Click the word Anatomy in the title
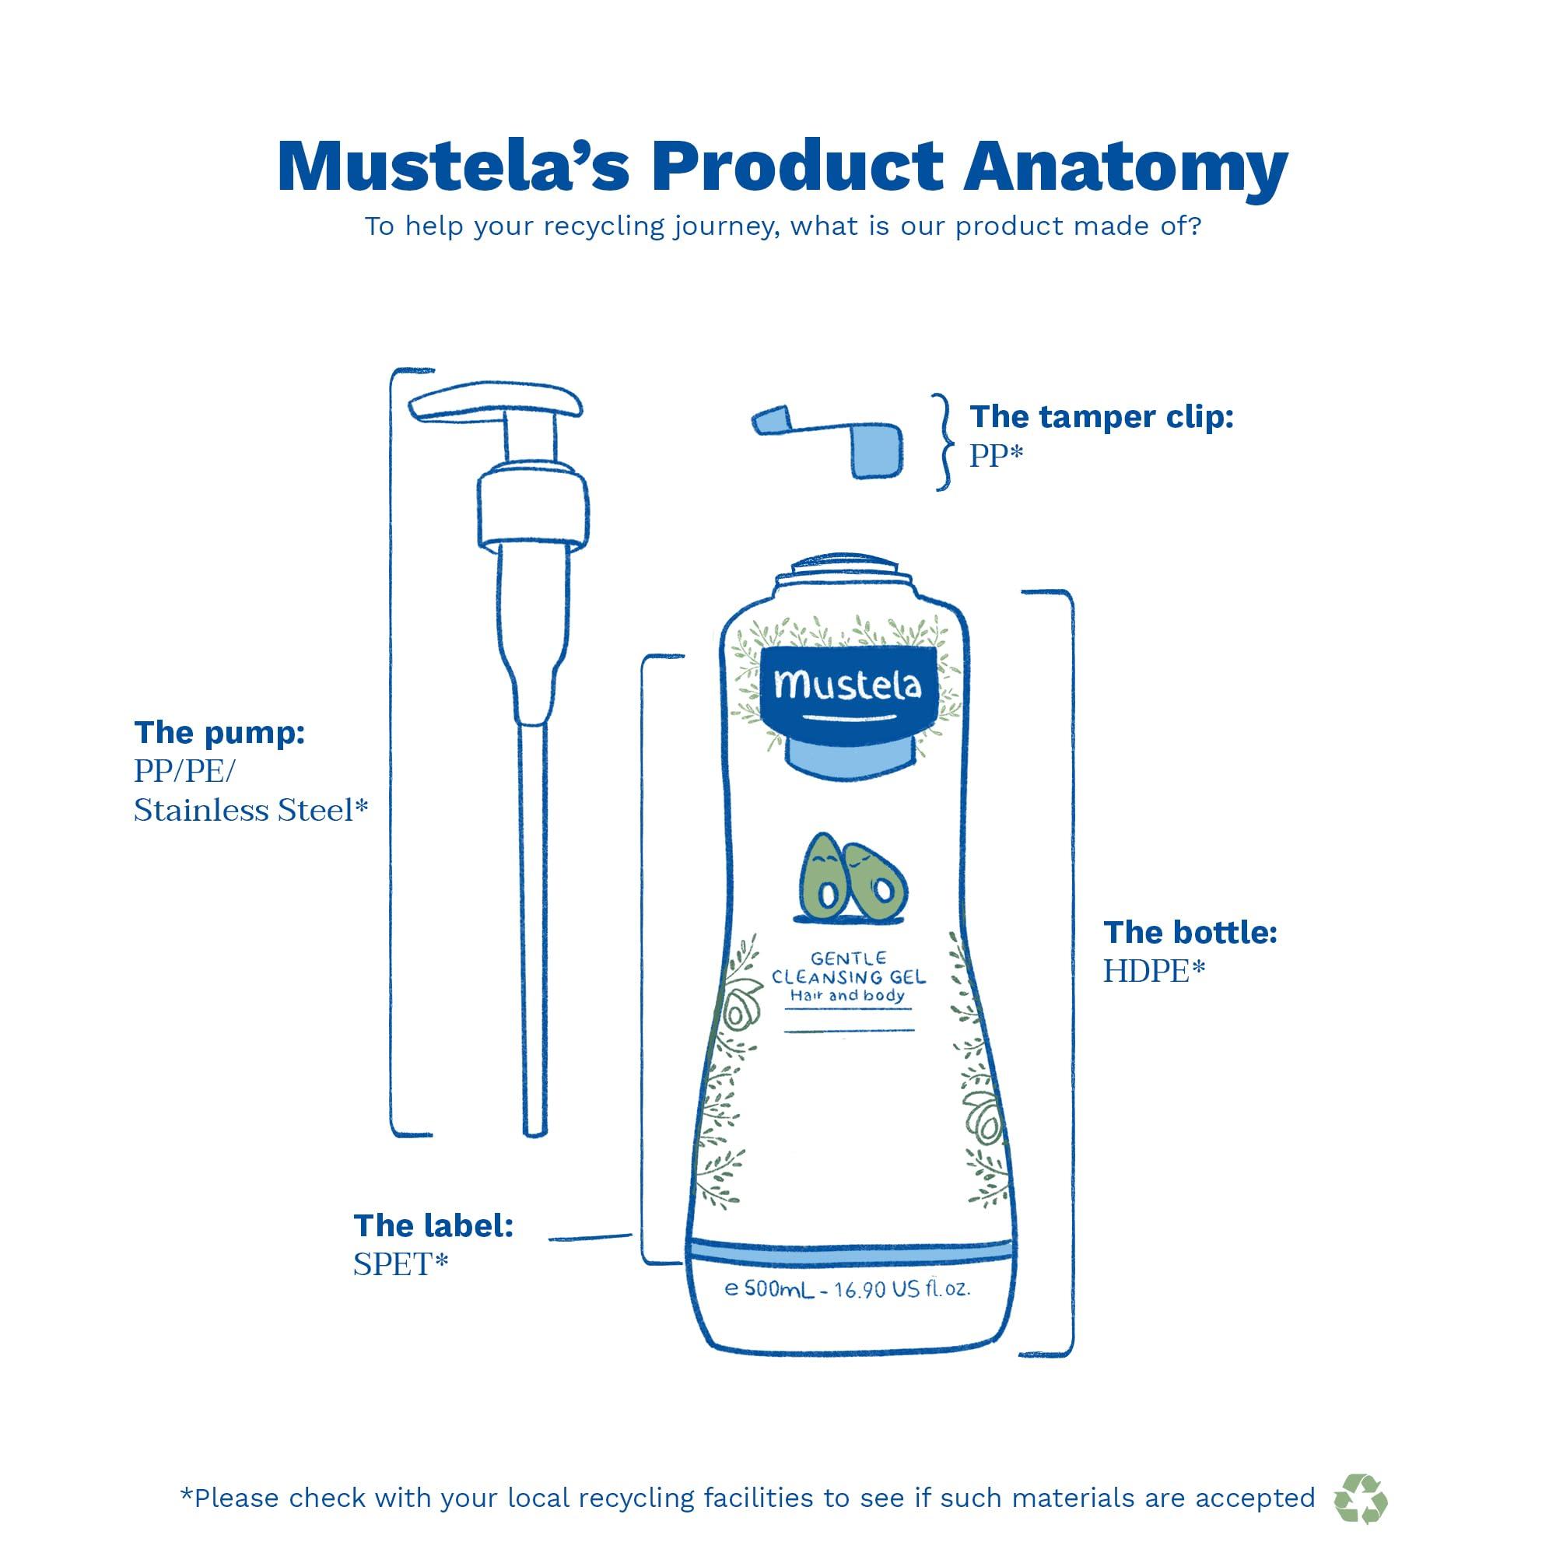tap(1125, 167)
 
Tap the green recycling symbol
tap(1360, 1499)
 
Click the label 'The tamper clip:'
tap(1101, 417)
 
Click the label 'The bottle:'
tap(1190, 933)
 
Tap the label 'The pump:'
tap(219, 733)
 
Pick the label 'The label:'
tap(433, 1225)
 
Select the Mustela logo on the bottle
tap(847, 686)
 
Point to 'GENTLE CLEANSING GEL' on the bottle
tap(849, 969)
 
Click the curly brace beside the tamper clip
tap(942, 442)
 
